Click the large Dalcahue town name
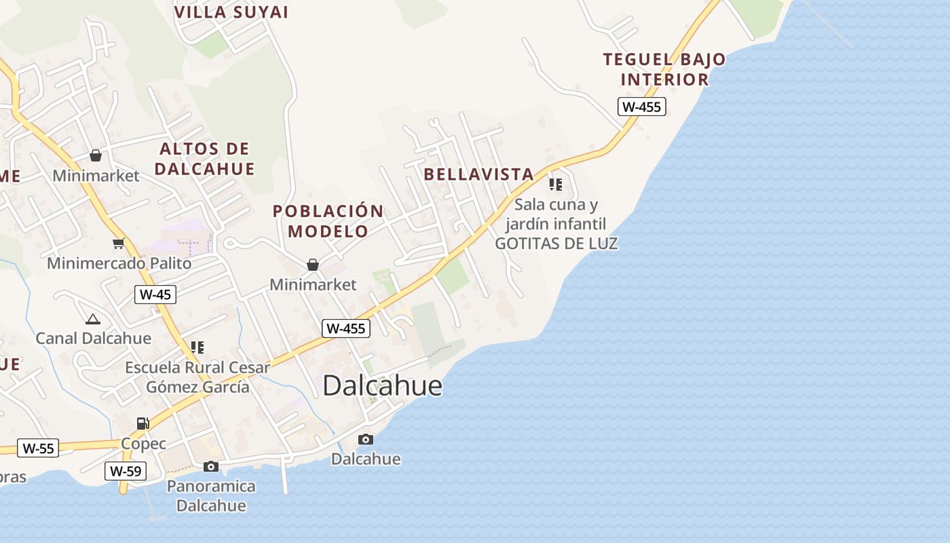tap(382, 386)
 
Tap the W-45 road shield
tap(155, 295)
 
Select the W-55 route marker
tap(38, 448)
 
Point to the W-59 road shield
tap(126, 471)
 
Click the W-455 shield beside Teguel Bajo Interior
tap(641, 107)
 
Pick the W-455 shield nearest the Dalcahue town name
tap(345, 329)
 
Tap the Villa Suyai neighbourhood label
tap(231, 12)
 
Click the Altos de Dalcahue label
tap(204, 159)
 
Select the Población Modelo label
tap(328, 221)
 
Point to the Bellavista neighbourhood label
tap(478, 174)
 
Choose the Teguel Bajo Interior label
tap(664, 69)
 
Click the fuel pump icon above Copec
tap(142, 424)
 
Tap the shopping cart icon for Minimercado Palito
tap(119, 243)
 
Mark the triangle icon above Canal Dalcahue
tap(93, 319)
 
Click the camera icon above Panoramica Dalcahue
tap(211, 466)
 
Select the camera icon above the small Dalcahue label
tap(366, 439)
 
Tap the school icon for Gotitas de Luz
tap(556, 184)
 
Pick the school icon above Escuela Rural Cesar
tap(197, 348)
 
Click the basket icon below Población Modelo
tap(313, 265)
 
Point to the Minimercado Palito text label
tap(119, 263)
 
